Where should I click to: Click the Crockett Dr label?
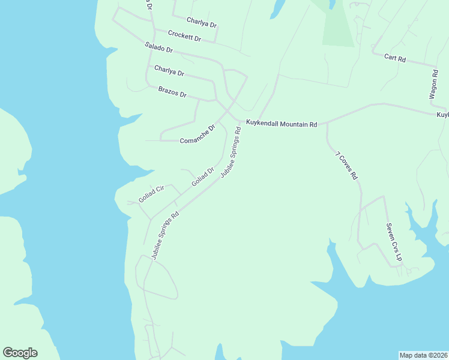184,35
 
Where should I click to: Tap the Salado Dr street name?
159,47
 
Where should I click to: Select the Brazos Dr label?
172,92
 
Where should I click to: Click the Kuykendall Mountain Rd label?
281,124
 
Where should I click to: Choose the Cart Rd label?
395,59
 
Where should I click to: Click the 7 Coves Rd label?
346,166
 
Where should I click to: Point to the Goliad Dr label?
203,176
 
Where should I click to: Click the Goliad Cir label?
151,194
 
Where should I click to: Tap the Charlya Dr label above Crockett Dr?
201,22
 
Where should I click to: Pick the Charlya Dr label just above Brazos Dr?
169,71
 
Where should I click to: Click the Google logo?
20,353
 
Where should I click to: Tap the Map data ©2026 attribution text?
423,355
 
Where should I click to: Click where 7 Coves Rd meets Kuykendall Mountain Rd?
327,123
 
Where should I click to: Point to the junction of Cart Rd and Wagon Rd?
436,65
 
